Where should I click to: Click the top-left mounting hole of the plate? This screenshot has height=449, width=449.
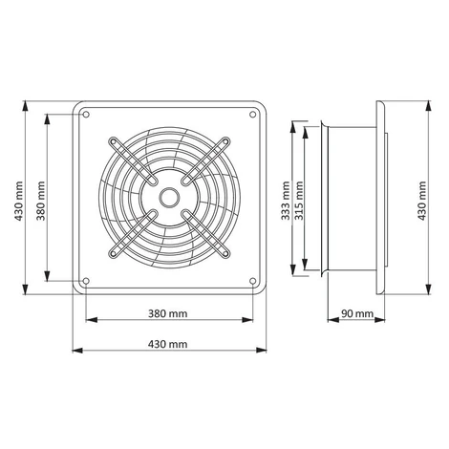86,115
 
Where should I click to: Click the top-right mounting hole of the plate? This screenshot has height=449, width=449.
252,115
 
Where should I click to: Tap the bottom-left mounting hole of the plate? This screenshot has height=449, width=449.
86,281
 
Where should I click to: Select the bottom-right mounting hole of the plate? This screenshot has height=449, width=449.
252,281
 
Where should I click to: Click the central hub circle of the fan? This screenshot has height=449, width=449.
169,198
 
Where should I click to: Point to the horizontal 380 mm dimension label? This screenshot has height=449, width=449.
168,313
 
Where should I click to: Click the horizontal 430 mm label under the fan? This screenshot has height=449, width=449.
168,344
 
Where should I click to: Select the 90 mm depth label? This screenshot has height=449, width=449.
357,313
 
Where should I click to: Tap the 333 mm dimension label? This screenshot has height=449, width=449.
286,201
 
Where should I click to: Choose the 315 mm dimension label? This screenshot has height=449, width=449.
299,201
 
